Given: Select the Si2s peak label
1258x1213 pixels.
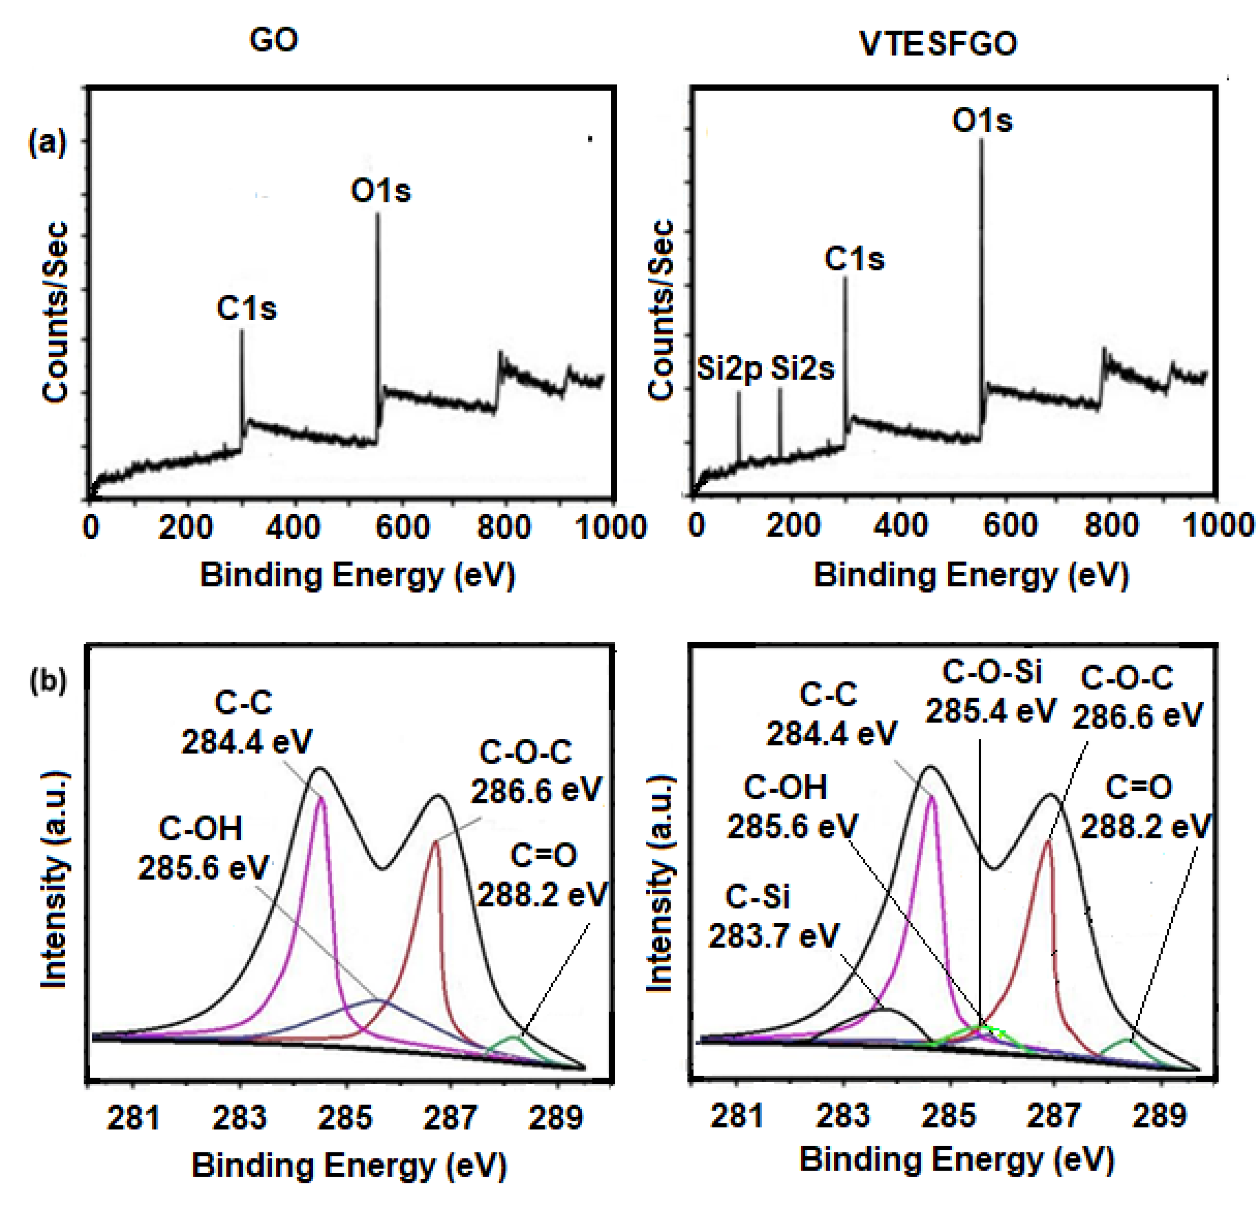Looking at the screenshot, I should click(802, 369).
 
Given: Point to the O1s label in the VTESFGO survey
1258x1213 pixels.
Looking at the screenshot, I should click(982, 121).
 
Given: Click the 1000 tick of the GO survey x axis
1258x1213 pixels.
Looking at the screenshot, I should click(610, 527).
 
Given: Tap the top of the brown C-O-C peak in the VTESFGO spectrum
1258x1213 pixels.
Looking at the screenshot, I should click(1047, 840).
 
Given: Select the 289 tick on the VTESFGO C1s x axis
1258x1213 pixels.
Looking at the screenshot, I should click(1159, 1116).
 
